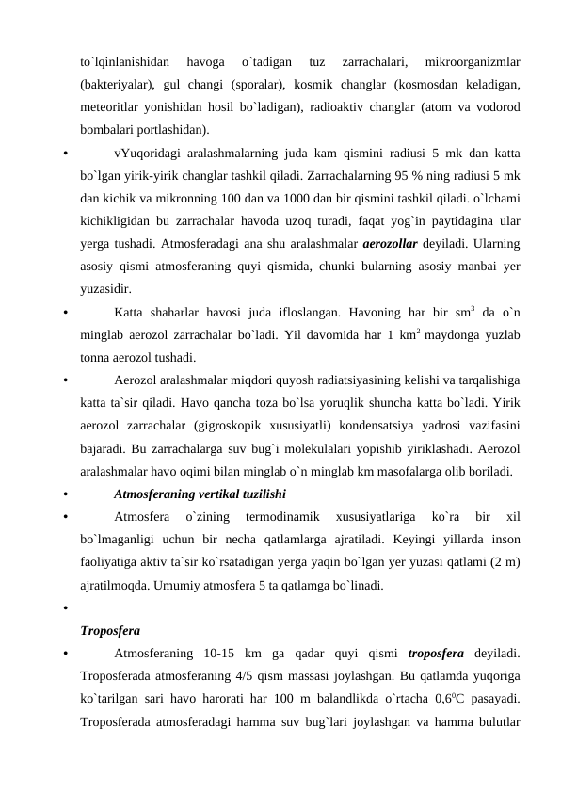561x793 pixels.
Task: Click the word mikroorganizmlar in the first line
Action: pyautogui.click(x=473, y=62)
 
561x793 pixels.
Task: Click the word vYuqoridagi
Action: pyautogui.click(x=147, y=153)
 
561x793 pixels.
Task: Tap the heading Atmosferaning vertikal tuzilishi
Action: pyautogui.click(x=200, y=492)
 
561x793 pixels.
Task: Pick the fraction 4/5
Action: pyautogui.click(x=281, y=674)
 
